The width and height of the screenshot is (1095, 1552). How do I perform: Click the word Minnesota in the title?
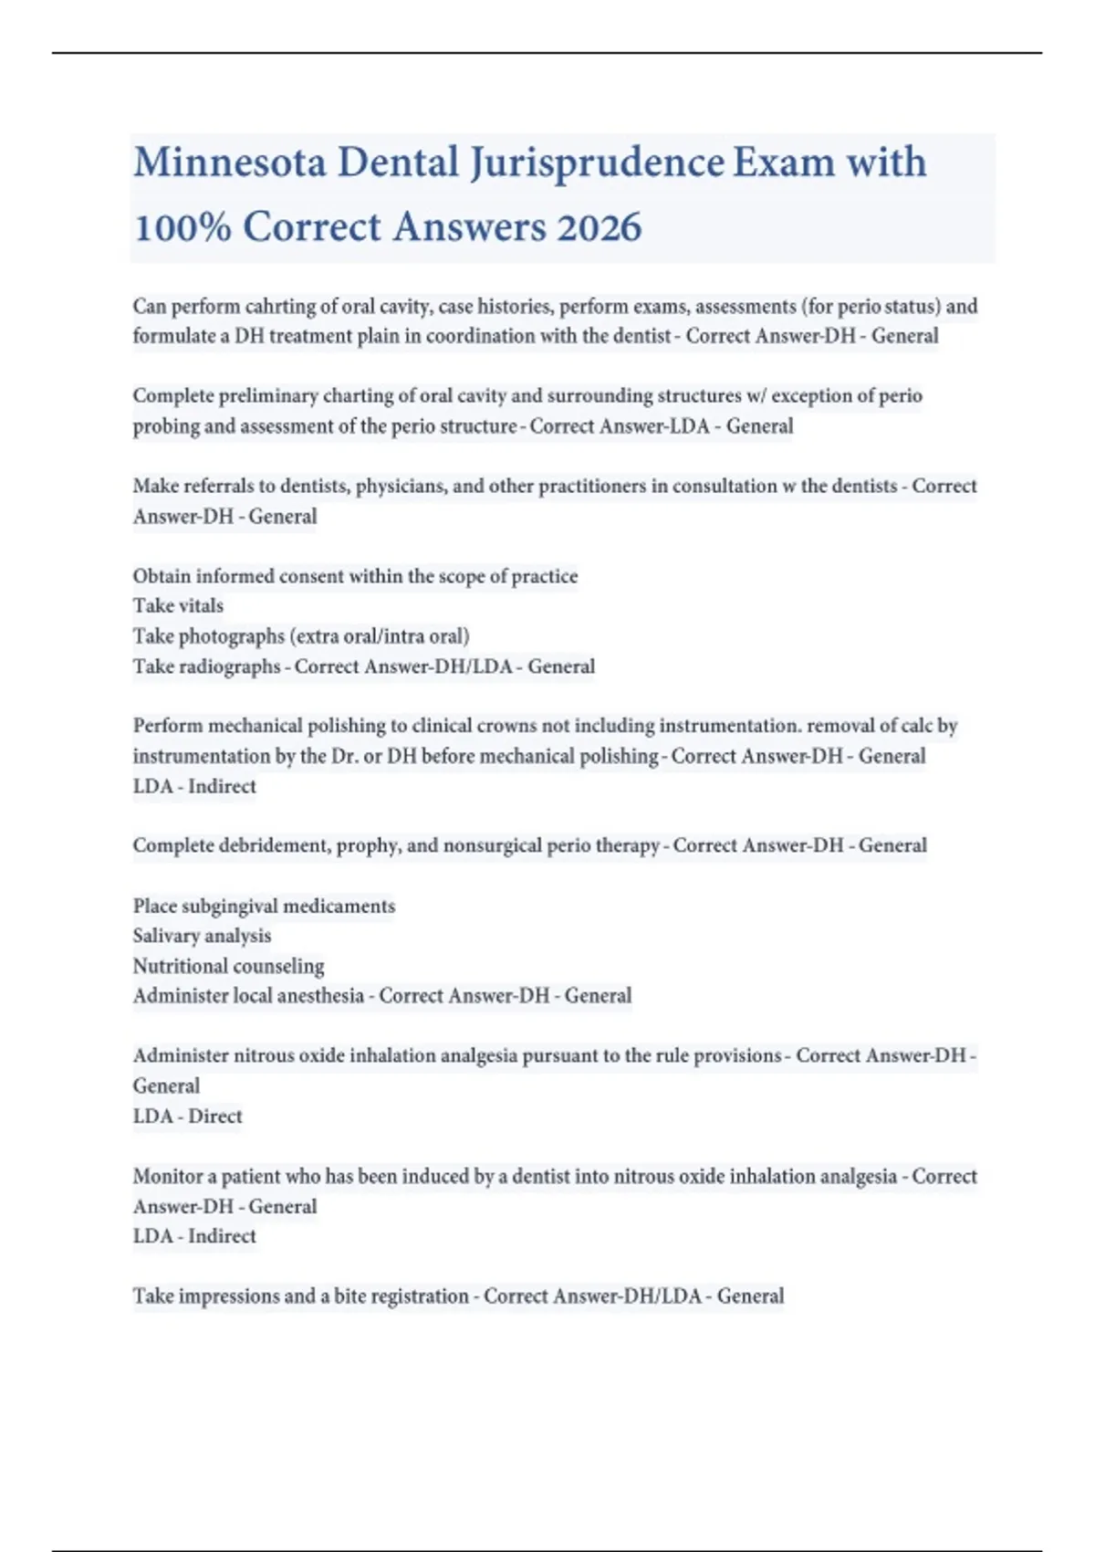(x=230, y=163)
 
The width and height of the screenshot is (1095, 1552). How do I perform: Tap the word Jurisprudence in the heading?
(x=598, y=163)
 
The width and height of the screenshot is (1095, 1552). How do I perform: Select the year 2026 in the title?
(x=600, y=226)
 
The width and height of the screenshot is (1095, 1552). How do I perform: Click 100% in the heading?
(x=182, y=226)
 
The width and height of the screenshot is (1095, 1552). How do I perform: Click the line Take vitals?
(x=178, y=605)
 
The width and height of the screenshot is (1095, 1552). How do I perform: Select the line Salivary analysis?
(x=202, y=936)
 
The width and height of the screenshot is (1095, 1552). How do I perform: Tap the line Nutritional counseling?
(x=228, y=966)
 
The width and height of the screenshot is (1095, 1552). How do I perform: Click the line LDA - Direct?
(x=187, y=1116)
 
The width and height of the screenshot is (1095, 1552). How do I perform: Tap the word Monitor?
(x=167, y=1176)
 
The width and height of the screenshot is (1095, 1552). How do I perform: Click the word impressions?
(x=235, y=1295)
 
